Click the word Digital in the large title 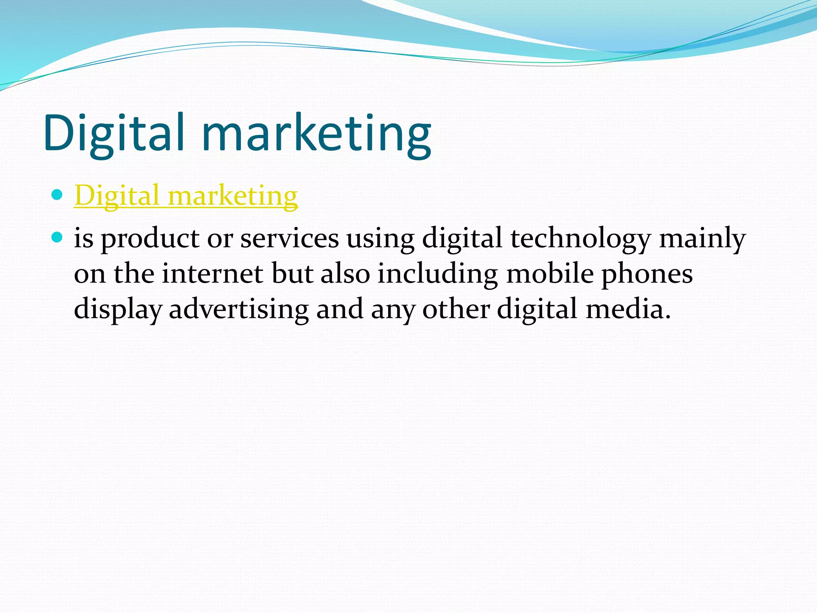[114, 134]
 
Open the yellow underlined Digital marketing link [186, 196]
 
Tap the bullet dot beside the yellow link [57, 195]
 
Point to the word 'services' [289, 239]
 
